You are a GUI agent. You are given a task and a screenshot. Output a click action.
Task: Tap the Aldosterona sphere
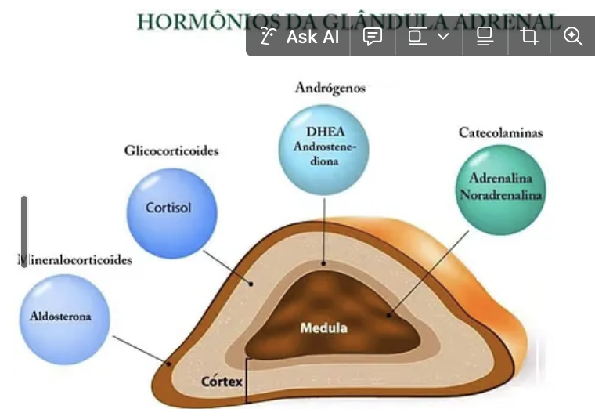(x=62, y=317)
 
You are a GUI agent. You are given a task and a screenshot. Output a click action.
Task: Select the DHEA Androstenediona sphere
(x=323, y=149)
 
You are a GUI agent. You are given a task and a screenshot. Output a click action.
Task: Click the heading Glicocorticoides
(x=171, y=150)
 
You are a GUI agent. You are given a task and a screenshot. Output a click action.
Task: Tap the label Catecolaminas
(x=500, y=132)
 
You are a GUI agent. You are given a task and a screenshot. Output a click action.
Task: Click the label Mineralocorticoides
(x=75, y=259)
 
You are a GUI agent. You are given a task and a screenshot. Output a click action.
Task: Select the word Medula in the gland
(x=323, y=328)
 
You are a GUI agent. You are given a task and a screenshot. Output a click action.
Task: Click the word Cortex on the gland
(x=222, y=382)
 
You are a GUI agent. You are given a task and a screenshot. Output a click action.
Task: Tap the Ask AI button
(x=301, y=37)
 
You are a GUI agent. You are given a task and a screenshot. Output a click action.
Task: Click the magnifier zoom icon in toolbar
(x=573, y=37)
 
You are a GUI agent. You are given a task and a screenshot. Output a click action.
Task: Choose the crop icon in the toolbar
(x=529, y=37)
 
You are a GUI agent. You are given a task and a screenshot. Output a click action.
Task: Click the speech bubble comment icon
(x=373, y=37)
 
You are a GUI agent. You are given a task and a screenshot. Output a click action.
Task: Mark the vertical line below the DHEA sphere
(x=323, y=227)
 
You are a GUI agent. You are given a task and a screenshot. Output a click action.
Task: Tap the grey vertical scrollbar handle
(x=24, y=232)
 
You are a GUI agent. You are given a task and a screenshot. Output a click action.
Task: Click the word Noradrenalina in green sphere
(x=501, y=194)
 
